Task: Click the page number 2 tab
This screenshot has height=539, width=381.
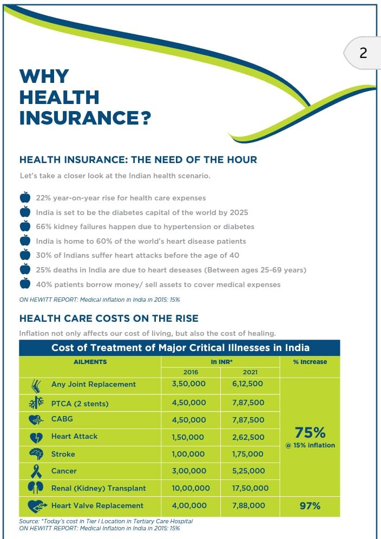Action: tap(363, 53)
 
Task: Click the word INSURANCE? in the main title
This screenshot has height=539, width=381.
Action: tap(84, 118)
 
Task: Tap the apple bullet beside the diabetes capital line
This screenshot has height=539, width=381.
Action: tap(25, 212)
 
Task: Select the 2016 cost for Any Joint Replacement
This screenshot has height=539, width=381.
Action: tap(188, 384)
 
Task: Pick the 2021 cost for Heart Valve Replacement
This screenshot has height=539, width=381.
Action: tap(248, 505)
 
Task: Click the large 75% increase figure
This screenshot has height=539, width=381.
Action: tap(310, 432)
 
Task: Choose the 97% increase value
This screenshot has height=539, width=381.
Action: tap(310, 505)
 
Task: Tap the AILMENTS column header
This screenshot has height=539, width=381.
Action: tap(90, 361)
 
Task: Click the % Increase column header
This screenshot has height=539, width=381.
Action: tap(310, 361)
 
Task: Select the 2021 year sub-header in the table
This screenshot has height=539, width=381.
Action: tap(250, 372)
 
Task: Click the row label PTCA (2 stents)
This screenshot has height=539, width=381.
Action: tap(80, 403)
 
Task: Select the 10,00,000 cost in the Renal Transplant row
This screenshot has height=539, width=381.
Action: tap(190, 488)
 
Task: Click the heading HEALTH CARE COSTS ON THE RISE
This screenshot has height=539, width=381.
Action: tap(109, 318)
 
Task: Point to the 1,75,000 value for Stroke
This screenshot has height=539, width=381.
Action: tap(248, 454)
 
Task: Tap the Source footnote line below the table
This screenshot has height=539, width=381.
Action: tap(106, 521)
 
